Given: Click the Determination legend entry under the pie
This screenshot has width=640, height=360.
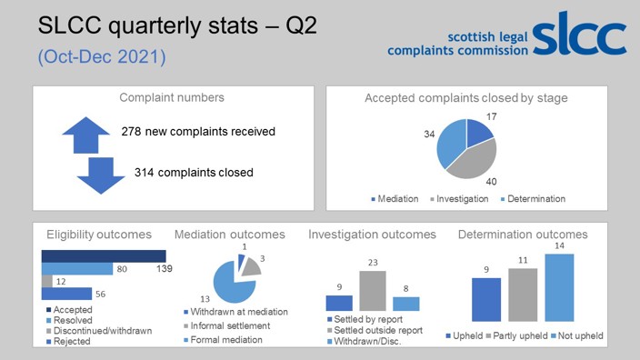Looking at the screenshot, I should [534, 199].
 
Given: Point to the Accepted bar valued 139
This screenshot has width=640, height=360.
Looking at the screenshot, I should [103, 255].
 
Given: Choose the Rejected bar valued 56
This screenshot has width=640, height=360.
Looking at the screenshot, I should [66, 294].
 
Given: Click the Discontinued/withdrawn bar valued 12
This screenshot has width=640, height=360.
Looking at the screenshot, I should [46, 281].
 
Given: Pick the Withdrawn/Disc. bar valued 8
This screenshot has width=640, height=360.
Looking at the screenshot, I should [406, 304].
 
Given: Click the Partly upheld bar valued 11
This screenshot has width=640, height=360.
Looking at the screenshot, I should [522, 295].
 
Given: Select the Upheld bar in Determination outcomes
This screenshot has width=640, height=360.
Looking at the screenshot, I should [486, 300].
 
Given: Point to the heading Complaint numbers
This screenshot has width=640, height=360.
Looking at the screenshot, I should [173, 97].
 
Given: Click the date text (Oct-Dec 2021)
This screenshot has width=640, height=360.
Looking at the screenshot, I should [101, 56].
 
